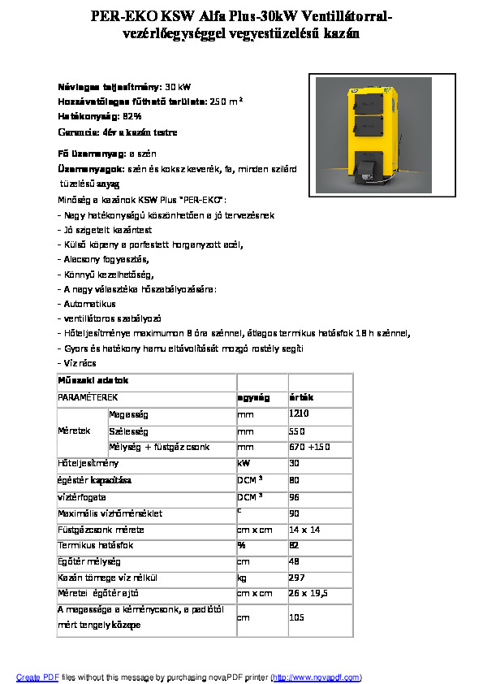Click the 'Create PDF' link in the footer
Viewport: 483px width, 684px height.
point(37,677)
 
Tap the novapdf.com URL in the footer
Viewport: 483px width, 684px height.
point(317,677)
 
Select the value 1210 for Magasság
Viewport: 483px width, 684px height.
point(300,414)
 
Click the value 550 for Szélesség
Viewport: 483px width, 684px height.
point(296,431)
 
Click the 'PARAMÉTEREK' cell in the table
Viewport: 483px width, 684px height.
point(88,397)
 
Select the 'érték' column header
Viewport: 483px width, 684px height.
point(302,397)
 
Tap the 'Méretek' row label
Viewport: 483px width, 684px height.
point(73,431)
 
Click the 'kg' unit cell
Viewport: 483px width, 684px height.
point(242,578)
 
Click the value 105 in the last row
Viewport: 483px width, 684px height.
point(296,617)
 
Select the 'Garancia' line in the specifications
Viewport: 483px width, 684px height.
point(118,132)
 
